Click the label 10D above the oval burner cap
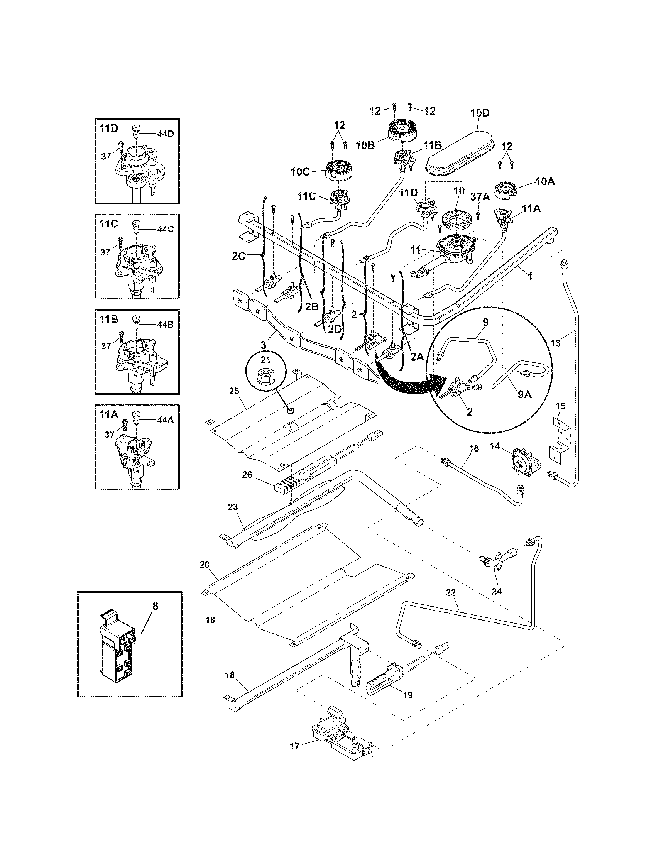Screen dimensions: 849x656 click(480, 113)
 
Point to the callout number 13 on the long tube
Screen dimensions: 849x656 click(556, 343)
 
